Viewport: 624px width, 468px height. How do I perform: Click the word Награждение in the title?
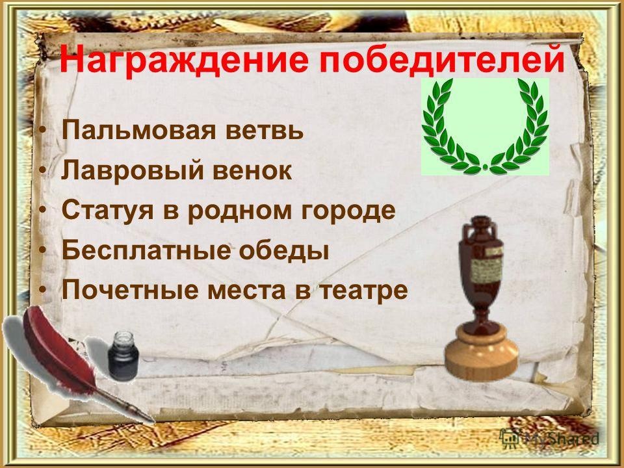(x=184, y=59)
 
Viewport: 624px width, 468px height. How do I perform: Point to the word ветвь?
(x=265, y=131)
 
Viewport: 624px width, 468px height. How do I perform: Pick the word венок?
(x=252, y=170)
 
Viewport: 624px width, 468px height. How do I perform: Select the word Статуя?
(x=107, y=210)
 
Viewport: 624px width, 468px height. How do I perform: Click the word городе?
(x=348, y=211)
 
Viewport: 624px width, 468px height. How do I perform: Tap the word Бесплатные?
(x=146, y=250)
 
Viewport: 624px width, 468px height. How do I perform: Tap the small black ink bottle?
(x=123, y=356)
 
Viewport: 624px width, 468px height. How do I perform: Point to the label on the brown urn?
(x=487, y=266)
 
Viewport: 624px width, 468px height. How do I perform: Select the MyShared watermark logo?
(x=549, y=437)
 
